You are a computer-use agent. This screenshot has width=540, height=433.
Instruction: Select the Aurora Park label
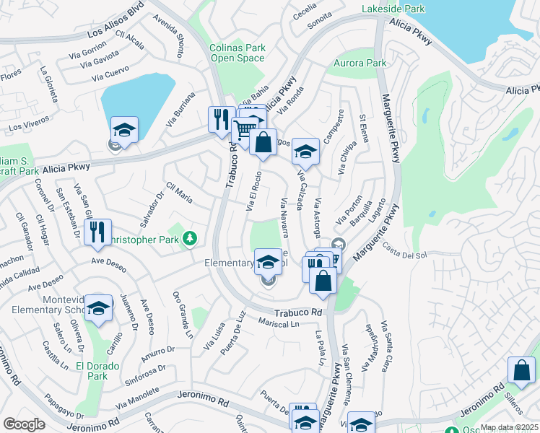click(360, 64)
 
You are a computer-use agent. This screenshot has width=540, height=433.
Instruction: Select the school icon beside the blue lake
click(124, 131)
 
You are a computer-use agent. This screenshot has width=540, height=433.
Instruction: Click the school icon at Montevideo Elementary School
click(98, 308)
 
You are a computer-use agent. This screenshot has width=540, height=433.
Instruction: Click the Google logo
click(24, 424)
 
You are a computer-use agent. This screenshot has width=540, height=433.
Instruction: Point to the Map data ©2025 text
click(510, 427)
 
